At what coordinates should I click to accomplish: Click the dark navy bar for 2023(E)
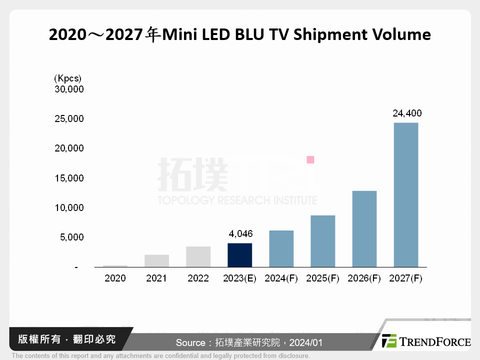point(240,255)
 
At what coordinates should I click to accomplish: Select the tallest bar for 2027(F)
point(406,194)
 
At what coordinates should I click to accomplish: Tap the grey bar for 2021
point(157,260)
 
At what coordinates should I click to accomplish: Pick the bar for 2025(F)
point(323,241)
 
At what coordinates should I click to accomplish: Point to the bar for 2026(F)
point(364,228)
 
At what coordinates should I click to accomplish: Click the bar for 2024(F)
point(281,248)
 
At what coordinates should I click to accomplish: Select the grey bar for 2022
point(198,256)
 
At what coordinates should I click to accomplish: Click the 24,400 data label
point(406,113)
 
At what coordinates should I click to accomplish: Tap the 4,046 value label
point(240,233)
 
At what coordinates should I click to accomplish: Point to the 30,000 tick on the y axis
point(69,89)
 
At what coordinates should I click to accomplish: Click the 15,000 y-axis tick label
point(69,178)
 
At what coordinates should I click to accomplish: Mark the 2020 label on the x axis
point(115,278)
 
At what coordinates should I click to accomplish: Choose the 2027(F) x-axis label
point(406,278)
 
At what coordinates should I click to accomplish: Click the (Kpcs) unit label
point(67,78)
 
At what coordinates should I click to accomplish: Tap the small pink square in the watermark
point(310,159)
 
